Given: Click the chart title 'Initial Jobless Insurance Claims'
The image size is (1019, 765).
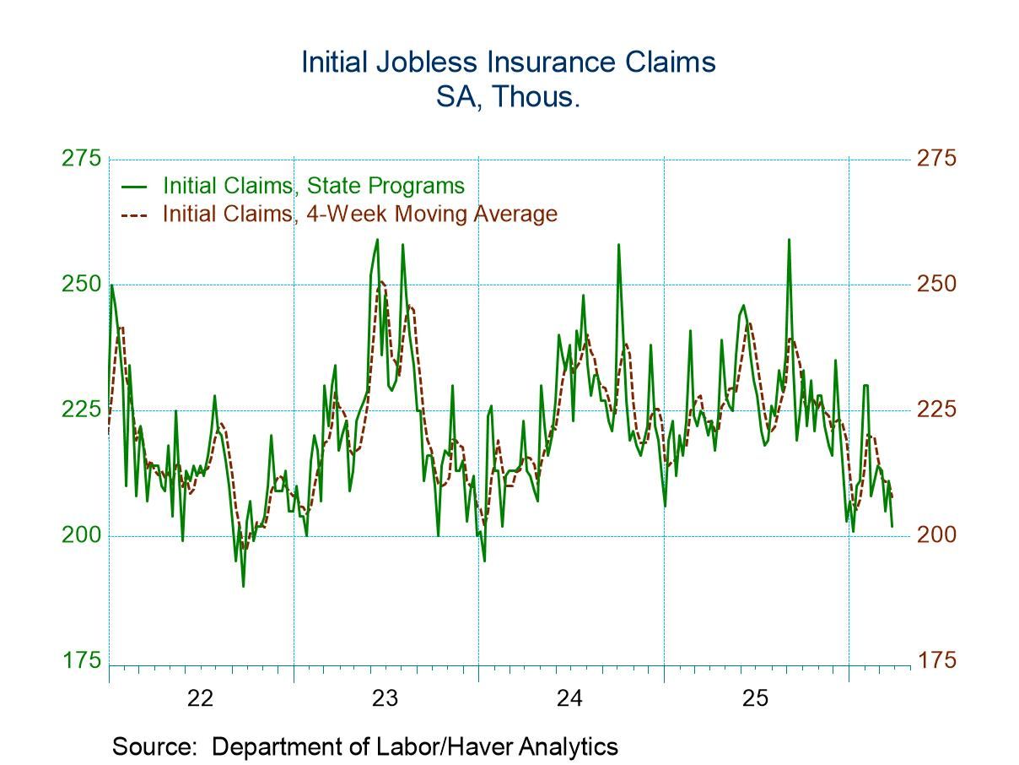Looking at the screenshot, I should [x=509, y=63].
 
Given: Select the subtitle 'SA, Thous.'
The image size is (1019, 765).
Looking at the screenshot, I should [x=509, y=96].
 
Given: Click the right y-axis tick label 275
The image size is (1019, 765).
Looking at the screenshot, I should [x=936, y=159].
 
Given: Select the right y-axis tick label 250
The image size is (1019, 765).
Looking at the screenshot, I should [x=936, y=285].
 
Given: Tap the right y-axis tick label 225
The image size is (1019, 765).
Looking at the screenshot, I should [x=936, y=410].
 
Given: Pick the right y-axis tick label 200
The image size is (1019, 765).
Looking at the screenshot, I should [x=936, y=535].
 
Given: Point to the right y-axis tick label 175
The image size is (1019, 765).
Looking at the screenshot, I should [x=936, y=660].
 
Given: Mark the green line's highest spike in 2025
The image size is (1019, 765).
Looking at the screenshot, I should [x=789, y=240].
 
